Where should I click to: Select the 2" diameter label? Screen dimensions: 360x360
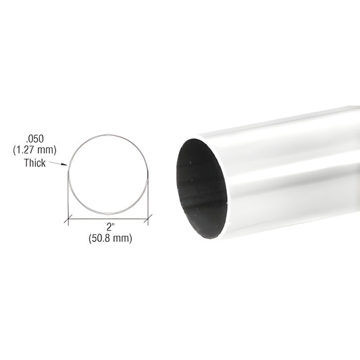coord(108,227)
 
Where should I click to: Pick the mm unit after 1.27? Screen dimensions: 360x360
coord(43,150)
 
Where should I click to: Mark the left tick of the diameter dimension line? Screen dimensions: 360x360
coord(66,217)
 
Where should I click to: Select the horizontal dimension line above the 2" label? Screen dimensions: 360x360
coord(108,217)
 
